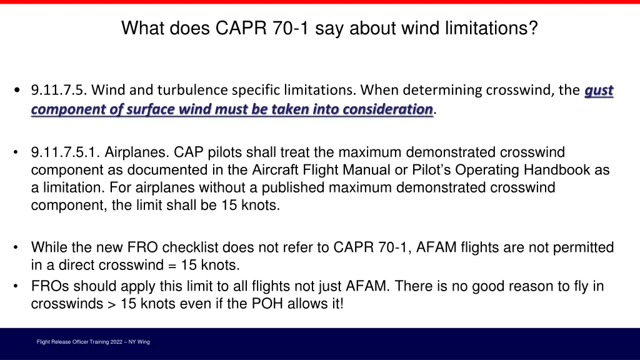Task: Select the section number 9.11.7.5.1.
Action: (x=65, y=152)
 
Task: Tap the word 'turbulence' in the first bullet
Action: (x=187, y=91)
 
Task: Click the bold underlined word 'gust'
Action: (x=599, y=91)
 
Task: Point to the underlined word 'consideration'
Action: (x=390, y=109)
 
